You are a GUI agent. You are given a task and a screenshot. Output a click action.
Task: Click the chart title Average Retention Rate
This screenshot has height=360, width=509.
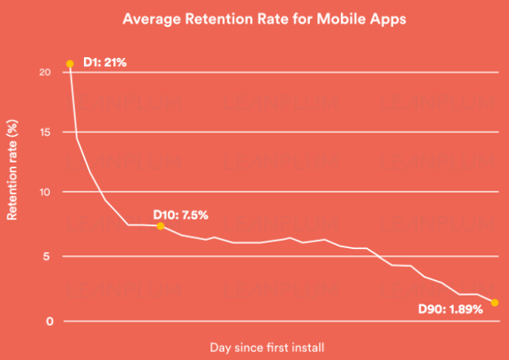[x=254, y=18]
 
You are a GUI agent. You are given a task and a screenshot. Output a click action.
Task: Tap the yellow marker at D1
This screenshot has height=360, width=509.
[x=69, y=63]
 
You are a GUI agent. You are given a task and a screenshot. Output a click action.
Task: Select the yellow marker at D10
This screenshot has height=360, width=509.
[x=160, y=226]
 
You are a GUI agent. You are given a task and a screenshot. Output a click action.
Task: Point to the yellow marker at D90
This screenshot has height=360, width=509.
[x=494, y=303]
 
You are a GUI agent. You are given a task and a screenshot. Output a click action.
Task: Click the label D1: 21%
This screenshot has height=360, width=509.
[x=105, y=62]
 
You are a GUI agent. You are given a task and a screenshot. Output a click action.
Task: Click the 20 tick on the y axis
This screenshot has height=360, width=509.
[x=46, y=72]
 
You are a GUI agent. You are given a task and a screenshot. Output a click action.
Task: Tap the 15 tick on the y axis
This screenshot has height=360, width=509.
[x=46, y=132]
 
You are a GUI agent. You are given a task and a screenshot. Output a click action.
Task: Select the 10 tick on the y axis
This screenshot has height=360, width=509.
[x=46, y=193]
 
